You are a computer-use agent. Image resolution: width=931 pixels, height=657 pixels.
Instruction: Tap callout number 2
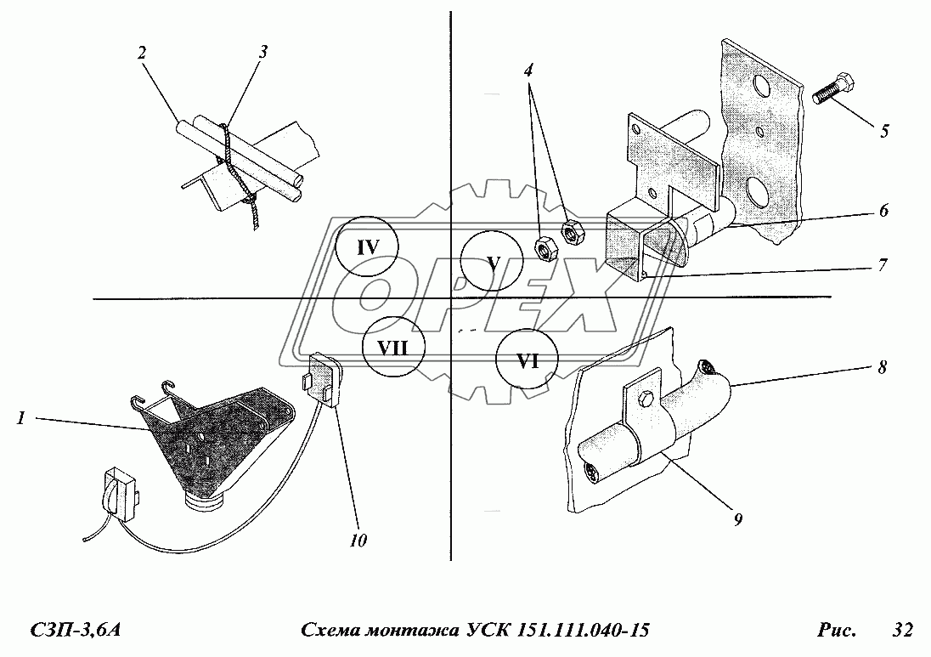143,52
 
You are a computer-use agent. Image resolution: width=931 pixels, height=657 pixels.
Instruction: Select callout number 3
263,51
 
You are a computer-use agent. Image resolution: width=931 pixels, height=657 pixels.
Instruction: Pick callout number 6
883,210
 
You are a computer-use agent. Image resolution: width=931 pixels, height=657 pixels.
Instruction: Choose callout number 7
883,264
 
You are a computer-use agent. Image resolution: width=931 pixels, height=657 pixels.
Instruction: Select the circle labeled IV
366,247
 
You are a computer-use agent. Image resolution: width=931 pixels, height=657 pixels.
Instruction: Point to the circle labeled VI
528,360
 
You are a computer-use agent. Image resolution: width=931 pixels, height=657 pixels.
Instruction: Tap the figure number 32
902,630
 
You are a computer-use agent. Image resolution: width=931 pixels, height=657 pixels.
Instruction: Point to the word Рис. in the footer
836,630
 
